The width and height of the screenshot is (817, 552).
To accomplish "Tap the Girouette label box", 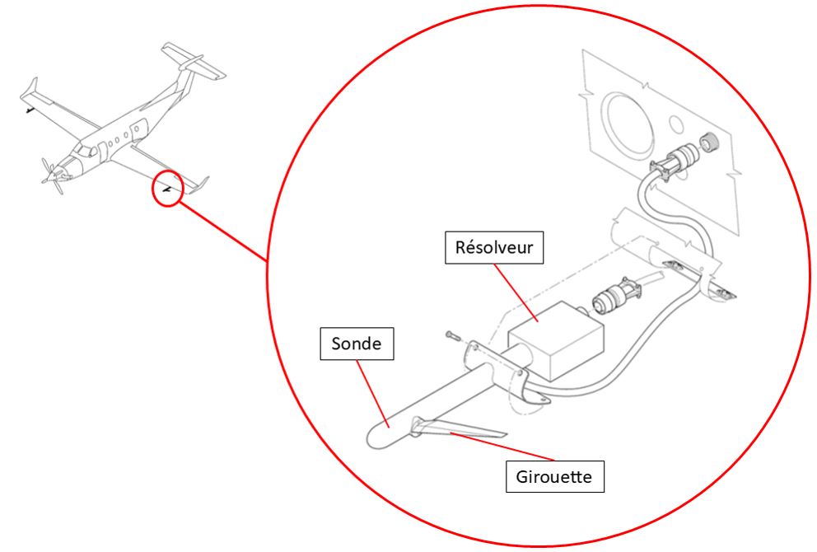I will pyautogui.click(x=553, y=476).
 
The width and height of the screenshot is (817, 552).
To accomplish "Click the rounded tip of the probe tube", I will pyautogui.click(x=376, y=435).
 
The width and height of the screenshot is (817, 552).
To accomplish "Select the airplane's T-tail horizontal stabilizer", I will pyautogui.click(x=194, y=59).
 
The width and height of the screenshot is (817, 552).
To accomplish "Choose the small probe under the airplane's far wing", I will pyautogui.click(x=29, y=108).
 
